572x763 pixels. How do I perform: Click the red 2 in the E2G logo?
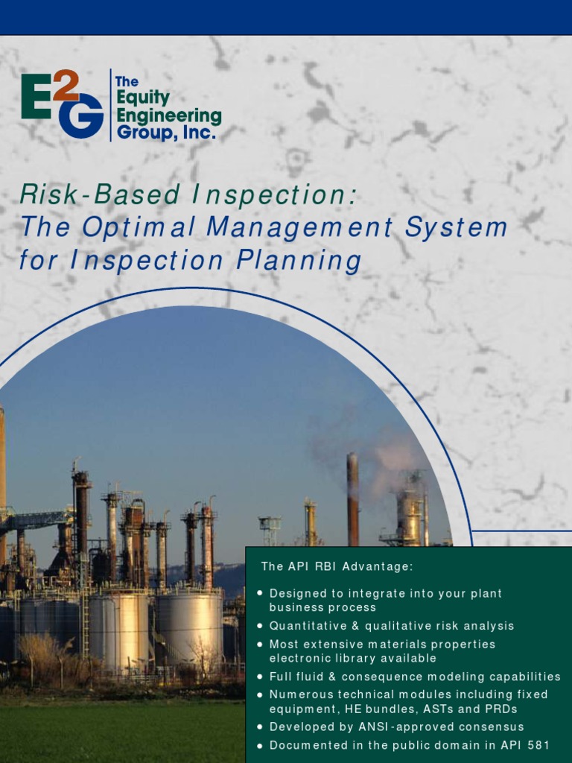tap(66, 85)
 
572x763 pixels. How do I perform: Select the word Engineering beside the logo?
tap(169, 117)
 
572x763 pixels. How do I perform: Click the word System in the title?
tap(456, 227)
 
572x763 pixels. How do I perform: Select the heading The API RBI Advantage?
tap(337, 566)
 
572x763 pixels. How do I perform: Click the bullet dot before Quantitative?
tap(259, 626)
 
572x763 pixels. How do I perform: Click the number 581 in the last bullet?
tap(538, 744)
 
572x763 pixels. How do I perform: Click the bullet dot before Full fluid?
tap(259, 677)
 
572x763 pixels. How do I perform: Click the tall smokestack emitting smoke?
tap(352, 499)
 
